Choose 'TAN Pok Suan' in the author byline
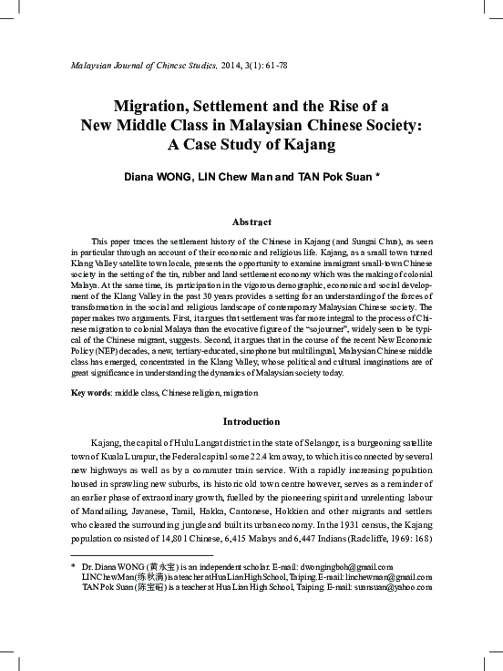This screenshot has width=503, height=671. (x=328, y=176)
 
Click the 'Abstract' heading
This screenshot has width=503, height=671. (x=251, y=222)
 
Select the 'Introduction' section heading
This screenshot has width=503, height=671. (x=251, y=422)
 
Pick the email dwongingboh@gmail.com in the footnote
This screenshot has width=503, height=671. (x=357, y=566)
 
